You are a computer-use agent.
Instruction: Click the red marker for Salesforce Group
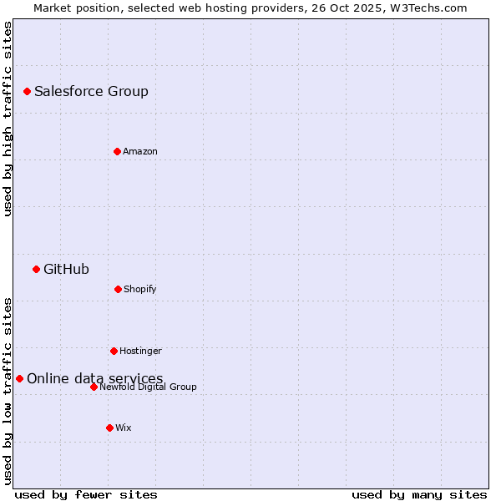click(27, 91)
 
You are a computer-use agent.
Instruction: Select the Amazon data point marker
click(117, 151)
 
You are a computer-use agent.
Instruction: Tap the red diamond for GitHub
click(36, 269)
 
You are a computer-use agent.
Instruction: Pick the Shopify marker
click(118, 289)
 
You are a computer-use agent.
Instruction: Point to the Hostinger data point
click(114, 351)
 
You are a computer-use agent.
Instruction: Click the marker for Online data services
click(19, 378)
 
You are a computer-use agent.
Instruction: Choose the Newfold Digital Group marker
click(94, 387)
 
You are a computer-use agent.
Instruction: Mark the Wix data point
click(109, 428)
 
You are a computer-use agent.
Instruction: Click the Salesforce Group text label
click(91, 91)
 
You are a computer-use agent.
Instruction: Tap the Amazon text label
click(140, 151)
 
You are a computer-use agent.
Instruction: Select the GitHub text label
click(66, 269)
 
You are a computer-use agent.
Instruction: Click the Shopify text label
click(140, 289)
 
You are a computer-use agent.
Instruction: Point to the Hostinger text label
click(140, 351)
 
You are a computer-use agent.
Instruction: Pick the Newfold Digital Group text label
click(148, 387)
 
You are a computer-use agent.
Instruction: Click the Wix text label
click(124, 428)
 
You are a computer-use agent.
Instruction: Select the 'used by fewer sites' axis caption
click(86, 494)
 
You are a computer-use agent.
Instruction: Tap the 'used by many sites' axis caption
click(419, 494)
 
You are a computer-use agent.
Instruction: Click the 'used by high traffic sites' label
click(8, 119)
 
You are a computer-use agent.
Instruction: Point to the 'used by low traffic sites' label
click(8, 390)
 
